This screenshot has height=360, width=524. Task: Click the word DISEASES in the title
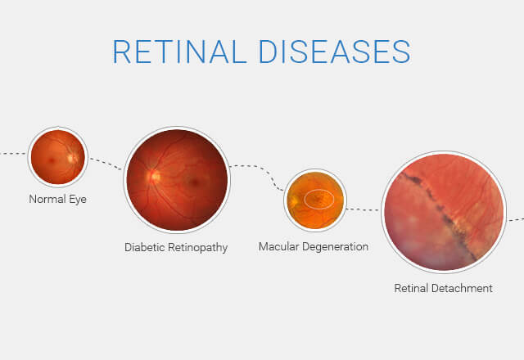pos(335,52)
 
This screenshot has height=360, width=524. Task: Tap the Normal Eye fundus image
pos(58,156)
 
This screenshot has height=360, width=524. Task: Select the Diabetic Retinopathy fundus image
pos(177,180)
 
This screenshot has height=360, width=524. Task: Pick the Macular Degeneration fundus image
pos(315,200)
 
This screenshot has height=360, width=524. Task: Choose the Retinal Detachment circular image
pos(444,212)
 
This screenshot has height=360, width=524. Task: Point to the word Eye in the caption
pos(78,200)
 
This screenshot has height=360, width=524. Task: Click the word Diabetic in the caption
pos(144,247)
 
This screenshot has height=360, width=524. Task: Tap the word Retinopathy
pos(197,248)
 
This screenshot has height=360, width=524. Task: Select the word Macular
pos(278,246)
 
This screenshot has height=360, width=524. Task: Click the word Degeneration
pos(335,247)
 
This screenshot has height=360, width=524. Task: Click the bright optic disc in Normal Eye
pos(71,158)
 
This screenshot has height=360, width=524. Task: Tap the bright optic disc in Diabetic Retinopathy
pos(154,176)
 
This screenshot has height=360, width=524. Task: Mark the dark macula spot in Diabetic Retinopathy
pos(194,182)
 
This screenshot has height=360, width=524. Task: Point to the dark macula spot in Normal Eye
pos(52,160)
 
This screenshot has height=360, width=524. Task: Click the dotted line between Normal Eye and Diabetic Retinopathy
pos(106,164)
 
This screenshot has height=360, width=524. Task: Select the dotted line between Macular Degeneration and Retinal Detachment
pos(363,209)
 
